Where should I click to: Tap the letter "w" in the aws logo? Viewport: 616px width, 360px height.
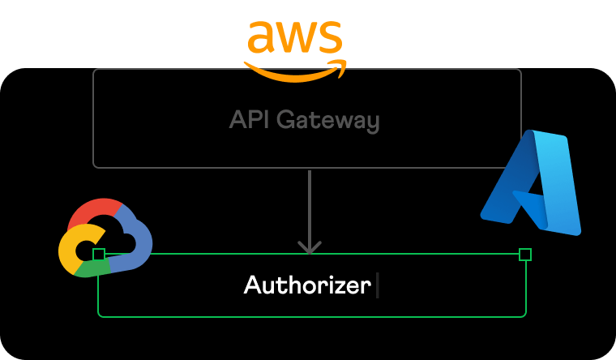tap(297, 38)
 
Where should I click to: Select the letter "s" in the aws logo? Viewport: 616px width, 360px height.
tap(330, 38)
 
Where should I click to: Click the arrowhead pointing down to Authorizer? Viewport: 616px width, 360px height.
tap(309, 246)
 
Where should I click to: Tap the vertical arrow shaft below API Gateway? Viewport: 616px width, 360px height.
tap(309, 203)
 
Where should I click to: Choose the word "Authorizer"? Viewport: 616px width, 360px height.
tap(307, 285)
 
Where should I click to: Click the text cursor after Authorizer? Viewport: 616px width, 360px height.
tap(378, 285)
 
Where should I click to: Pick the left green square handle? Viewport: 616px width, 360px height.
tap(99, 255)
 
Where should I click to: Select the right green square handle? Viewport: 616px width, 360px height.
tap(525, 255)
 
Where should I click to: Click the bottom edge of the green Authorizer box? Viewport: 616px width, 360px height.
tap(312, 315)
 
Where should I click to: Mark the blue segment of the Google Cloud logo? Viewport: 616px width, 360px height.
tap(138, 243)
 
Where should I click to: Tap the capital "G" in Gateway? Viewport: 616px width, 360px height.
tap(285, 121)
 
